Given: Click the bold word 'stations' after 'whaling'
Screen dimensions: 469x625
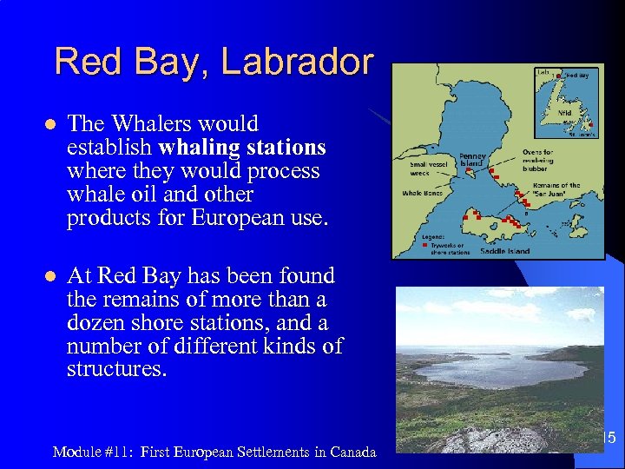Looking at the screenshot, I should (x=285, y=148).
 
